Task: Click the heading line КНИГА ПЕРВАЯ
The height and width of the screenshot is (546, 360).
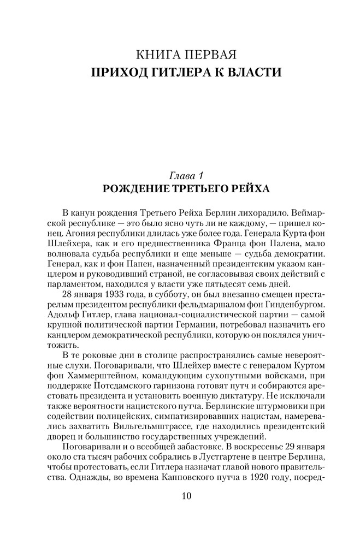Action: tap(180, 55)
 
